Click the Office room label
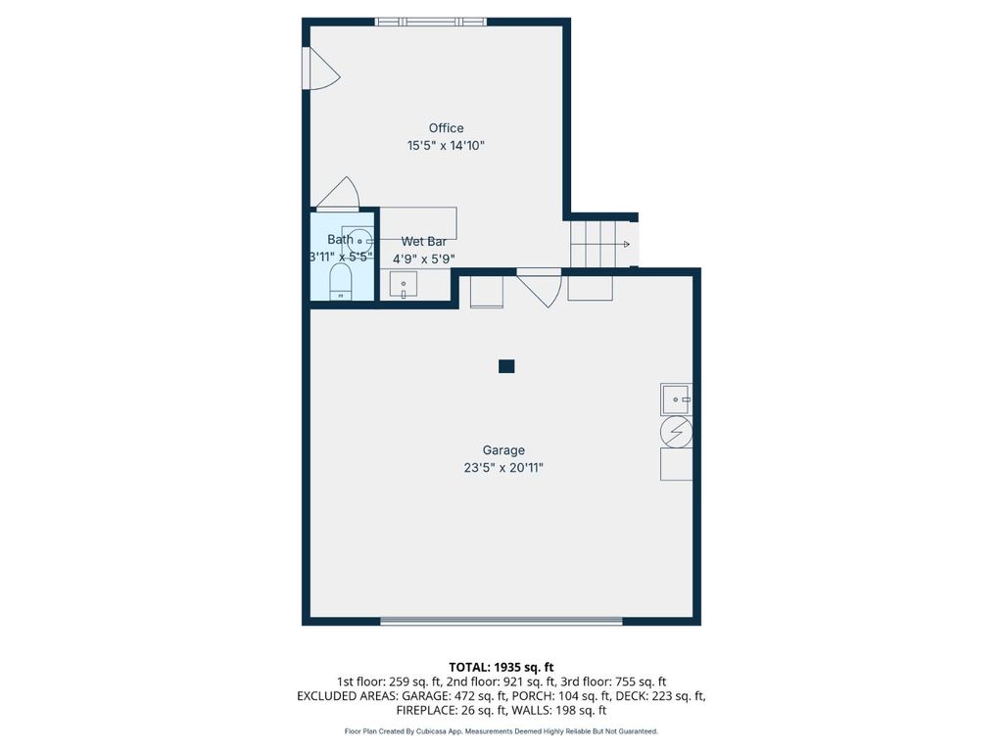pos(446,128)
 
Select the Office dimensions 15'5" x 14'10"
pos(446,145)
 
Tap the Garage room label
pos(503,450)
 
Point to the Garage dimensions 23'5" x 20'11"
pos(503,467)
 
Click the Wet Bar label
pos(423,241)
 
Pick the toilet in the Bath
pos(340,283)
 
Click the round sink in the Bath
pos(358,241)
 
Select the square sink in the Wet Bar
pos(404,285)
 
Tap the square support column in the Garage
pos(506,366)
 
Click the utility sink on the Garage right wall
pos(676,399)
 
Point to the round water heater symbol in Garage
pos(676,432)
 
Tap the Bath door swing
pos(338,194)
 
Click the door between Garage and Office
pos(540,289)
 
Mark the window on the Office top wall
pos(431,22)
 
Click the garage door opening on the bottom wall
pos(501,620)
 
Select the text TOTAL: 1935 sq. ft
pos(501,668)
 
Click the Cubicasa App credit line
pos(501,730)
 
